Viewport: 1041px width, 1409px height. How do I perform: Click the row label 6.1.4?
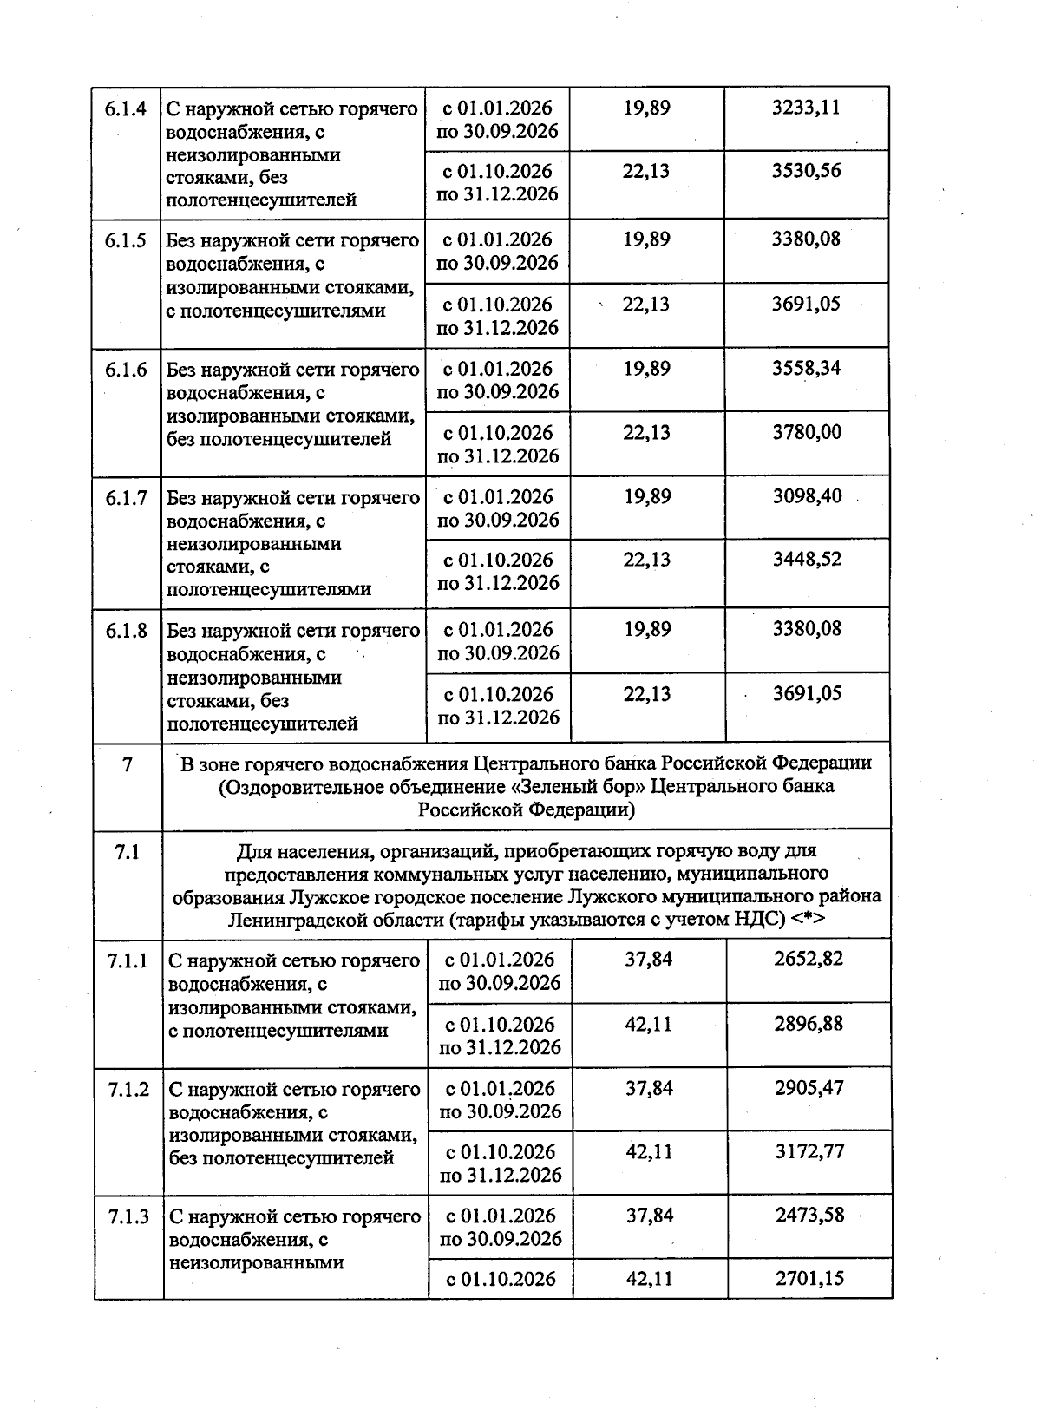coord(126,109)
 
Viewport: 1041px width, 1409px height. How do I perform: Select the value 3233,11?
coord(806,108)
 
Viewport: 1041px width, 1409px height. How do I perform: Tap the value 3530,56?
coord(806,171)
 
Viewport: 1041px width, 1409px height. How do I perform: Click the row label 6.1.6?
coord(127,370)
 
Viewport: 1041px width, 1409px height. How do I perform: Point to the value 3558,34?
coord(807,368)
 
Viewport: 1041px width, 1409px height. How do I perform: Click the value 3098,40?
coord(807,497)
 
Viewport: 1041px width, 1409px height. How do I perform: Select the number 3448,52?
coord(807,560)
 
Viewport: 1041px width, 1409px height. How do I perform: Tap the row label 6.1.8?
coord(127,631)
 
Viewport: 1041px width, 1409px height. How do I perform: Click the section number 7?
coord(128,765)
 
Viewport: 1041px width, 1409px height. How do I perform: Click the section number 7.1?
coord(128,853)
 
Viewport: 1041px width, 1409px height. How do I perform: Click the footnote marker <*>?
coord(807,919)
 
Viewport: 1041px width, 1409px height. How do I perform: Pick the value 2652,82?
coord(809,960)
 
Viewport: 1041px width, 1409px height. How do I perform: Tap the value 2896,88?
coord(809,1024)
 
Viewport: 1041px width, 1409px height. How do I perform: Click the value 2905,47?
coord(809,1088)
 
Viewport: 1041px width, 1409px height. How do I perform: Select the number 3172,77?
coord(809,1152)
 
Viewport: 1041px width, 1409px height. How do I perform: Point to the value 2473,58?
coord(809,1216)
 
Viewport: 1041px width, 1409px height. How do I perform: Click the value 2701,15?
coord(809,1279)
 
